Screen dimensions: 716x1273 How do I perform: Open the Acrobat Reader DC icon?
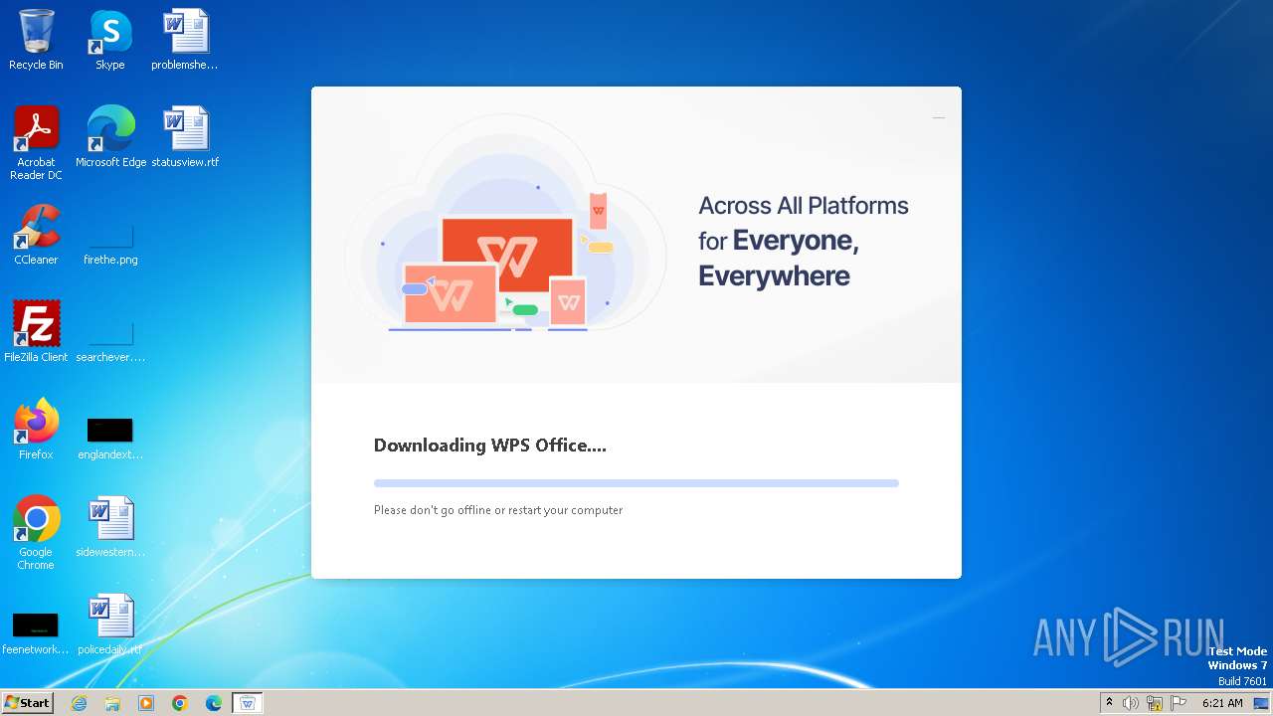point(36,129)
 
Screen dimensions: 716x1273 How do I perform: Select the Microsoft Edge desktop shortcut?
point(110,129)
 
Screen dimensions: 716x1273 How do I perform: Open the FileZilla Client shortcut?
point(36,324)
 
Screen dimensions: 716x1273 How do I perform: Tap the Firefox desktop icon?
point(36,422)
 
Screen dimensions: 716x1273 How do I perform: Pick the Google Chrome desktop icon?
point(36,519)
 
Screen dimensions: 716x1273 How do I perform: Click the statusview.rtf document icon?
point(185,129)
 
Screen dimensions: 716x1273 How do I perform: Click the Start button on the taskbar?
point(27,703)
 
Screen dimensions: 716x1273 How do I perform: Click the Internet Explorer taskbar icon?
point(80,703)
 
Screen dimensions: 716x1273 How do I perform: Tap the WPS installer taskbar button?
point(248,703)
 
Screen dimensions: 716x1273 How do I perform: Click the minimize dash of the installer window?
point(938,117)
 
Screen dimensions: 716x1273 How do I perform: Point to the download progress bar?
point(636,483)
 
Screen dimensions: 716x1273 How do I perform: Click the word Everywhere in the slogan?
point(774,275)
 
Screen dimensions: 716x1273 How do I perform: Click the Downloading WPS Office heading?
point(489,446)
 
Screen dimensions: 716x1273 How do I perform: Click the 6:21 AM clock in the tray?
point(1222,703)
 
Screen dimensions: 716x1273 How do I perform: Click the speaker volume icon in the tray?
point(1131,703)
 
